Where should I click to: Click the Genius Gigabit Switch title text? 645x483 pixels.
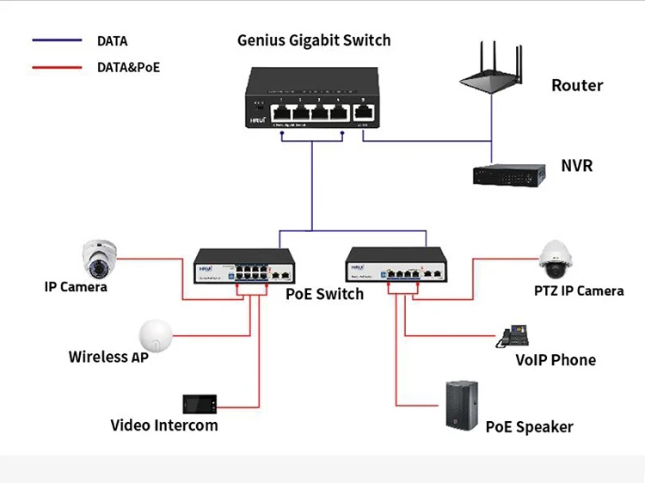click(x=314, y=40)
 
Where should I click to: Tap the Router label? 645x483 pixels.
click(x=577, y=85)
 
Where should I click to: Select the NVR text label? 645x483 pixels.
click(x=576, y=165)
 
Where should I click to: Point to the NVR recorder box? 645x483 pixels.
click(x=509, y=174)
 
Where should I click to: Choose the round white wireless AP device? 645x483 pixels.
click(x=156, y=332)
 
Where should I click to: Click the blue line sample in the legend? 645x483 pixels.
click(x=57, y=40)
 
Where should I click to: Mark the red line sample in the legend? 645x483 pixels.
click(x=57, y=66)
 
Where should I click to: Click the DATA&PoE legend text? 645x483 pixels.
click(x=128, y=66)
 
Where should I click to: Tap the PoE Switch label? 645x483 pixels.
click(x=324, y=294)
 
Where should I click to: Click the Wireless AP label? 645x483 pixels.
click(x=108, y=357)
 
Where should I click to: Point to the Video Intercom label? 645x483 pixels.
click(x=164, y=425)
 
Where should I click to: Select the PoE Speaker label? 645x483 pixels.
click(x=529, y=427)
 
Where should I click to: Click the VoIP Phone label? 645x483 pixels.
click(x=555, y=360)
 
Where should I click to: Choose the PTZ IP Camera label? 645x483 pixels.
click(x=579, y=290)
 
